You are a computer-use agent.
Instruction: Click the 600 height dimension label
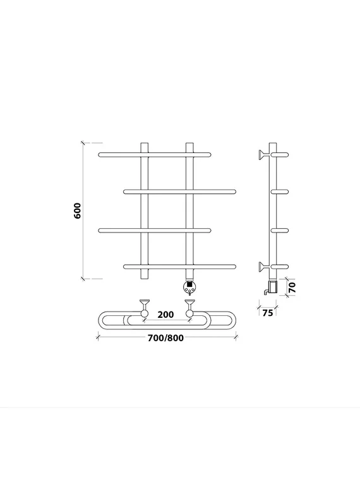click(x=78, y=211)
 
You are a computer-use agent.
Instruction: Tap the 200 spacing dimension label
click(x=165, y=314)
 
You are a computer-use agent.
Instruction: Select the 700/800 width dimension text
click(x=166, y=338)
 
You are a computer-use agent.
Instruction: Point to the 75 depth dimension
click(x=268, y=313)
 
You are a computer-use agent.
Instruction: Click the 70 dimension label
click(x=292, y=288)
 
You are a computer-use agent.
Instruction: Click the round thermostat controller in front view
click(x=189, y=286)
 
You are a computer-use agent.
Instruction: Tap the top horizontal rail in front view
click(x=155, y=155)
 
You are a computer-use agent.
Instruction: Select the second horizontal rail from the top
click(x=180, y=192)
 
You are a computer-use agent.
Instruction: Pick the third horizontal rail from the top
click(x=155, y=230)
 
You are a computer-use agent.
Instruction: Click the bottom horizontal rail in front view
click(x=180, y=267)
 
